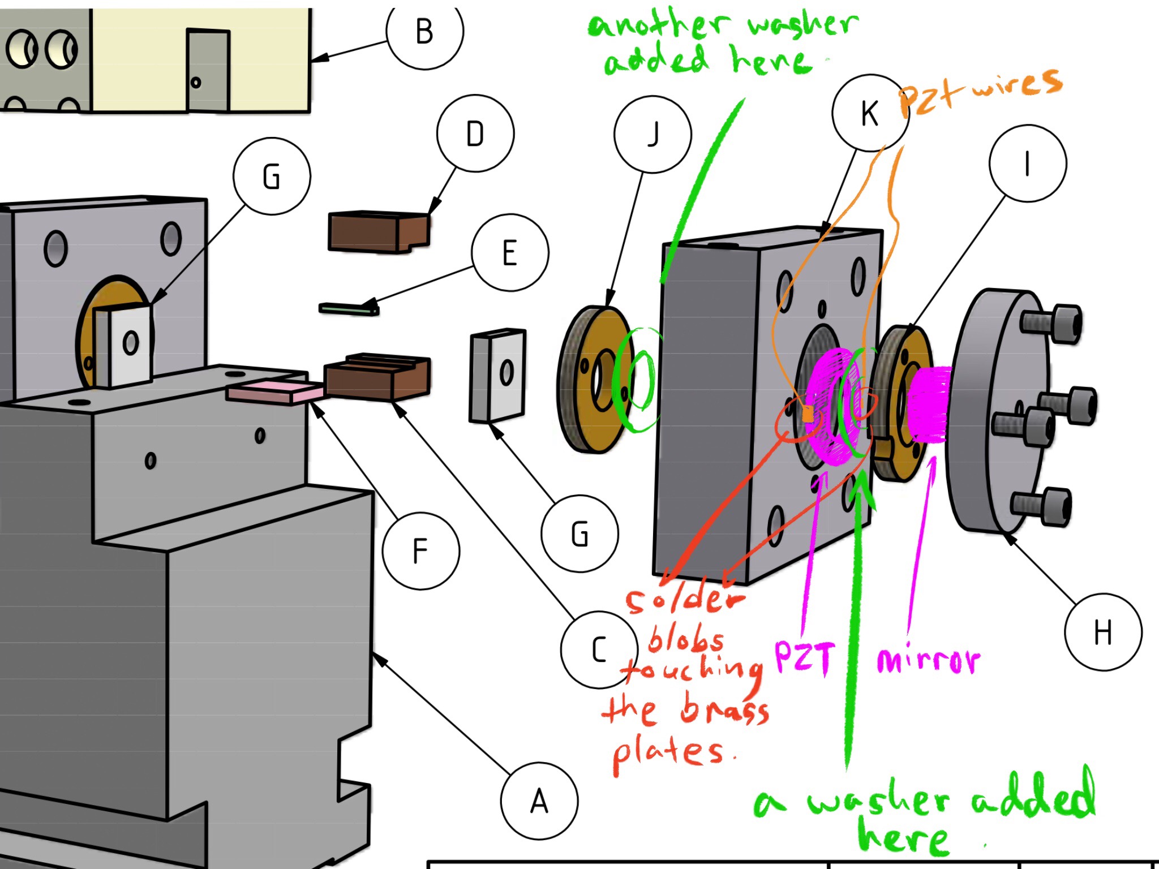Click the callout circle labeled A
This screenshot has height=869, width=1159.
(539, 800)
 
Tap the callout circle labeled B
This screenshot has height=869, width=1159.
(424, 32)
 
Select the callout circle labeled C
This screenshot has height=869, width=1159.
(599, 649)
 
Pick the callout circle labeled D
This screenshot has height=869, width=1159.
(475, 134)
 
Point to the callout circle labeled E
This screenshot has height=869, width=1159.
(510, 252)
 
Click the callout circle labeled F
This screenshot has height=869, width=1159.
(420, 550)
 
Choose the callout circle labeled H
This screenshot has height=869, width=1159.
(1102, 631)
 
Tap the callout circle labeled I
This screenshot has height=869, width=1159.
(1027, 164)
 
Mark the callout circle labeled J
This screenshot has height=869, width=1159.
(653, 134)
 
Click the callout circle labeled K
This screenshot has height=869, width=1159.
(870, 113)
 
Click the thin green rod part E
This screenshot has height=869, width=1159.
(349, 309)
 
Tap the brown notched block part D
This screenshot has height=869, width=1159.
(378, 231)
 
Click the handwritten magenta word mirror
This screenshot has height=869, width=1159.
(928, 660)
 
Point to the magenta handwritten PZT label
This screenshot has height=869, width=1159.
(804, 657)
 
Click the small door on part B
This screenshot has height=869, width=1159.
(208, 70)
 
